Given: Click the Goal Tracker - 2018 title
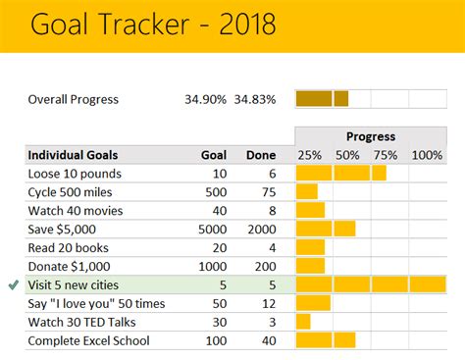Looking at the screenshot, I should point(152,25).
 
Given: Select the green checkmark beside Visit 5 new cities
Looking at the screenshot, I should point(13,285).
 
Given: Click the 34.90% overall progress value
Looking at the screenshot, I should point(204,99).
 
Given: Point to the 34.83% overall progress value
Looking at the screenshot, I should point(254,99).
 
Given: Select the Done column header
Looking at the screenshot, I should point(260,155).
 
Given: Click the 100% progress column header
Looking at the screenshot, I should point(427,155).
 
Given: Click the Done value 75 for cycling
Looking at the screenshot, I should point(267,191).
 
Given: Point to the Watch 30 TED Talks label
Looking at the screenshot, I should point(85,322).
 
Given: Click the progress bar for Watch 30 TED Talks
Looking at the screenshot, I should point(303,322).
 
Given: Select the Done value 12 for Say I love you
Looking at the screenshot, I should point(267,303).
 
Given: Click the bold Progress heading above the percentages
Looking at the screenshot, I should point(370,136).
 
